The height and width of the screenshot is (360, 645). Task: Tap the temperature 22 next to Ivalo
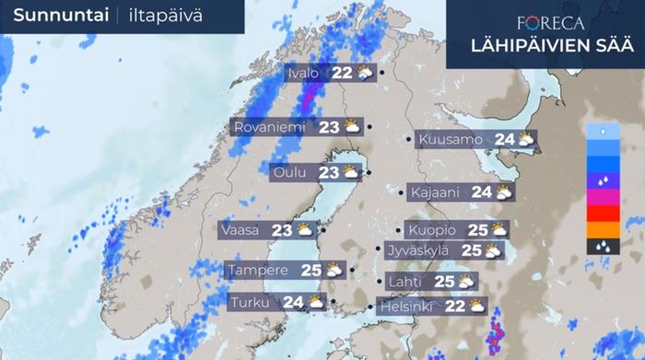click(342, 73)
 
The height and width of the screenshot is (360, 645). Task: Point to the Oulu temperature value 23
click(329, 172)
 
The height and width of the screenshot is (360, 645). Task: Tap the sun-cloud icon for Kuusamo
click(526, 140)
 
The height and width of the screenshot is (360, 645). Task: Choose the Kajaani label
click(438, 192)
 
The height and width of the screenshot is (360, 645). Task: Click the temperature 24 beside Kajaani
click(481, 192)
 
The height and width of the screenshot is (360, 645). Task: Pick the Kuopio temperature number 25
click(476, 229)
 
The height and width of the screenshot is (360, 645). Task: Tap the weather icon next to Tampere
click(334, 271)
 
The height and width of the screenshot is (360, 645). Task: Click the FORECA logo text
click(550, 24)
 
